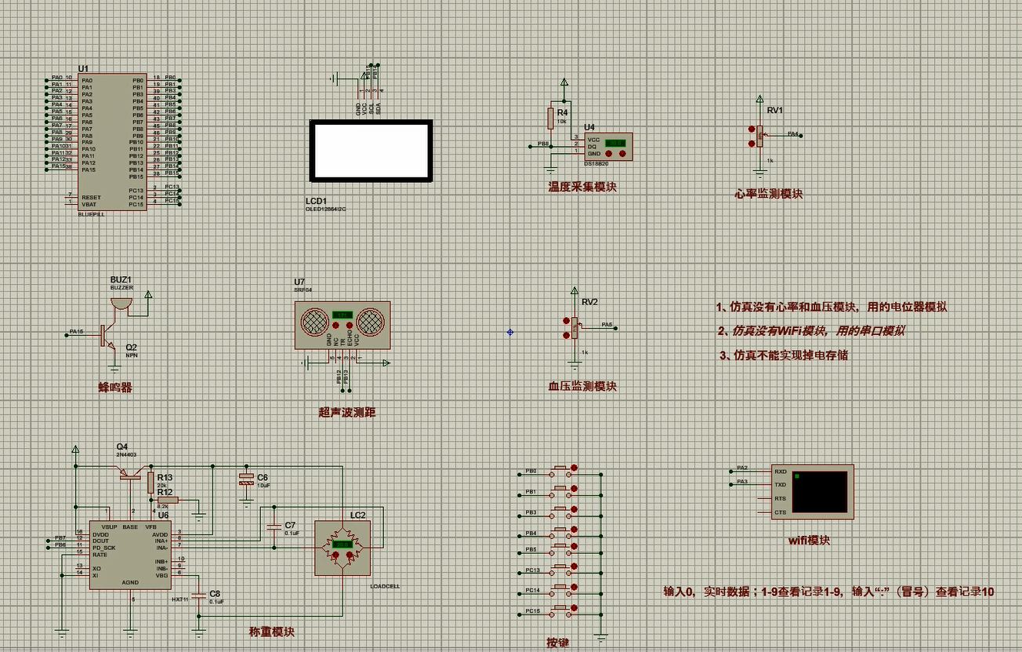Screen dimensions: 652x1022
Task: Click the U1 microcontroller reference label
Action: (83, 69)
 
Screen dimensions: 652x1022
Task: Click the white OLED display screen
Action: (370, 151)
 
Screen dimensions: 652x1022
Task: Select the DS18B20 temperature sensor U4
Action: (608, 147)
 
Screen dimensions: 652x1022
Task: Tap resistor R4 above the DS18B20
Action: (551, 118)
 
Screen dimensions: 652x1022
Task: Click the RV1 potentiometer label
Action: (774, 111)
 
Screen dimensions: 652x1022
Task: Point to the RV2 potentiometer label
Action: (589, 302)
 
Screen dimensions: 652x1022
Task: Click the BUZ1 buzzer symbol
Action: (121, 301)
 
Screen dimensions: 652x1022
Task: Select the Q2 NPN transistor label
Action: (131, 347)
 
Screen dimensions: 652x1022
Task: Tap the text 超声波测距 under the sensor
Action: (346, 411)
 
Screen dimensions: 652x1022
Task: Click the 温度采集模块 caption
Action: (582, 188)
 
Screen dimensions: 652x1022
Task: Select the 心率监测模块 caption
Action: (768, 194)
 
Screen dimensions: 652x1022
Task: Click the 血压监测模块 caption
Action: (582, 386)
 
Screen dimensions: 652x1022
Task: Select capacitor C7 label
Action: (290, 525)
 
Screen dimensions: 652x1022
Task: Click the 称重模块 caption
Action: (271, 632)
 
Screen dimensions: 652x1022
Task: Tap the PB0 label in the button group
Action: (531, 472)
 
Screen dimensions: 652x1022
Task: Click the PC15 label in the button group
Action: (532, 610)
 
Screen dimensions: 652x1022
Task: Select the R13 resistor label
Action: (165, 477)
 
